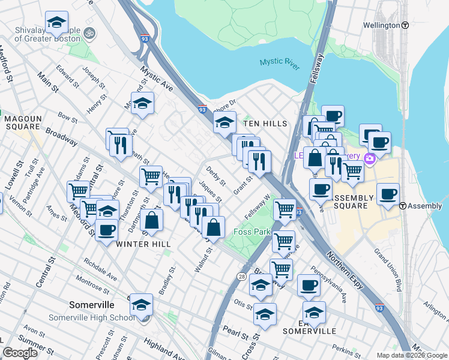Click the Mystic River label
[280, 64]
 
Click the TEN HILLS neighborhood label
[265, 123]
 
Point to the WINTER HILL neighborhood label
[143, 244]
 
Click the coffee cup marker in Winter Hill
[107, 230]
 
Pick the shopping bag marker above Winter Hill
[152, 220]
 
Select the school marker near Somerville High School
[142, 305]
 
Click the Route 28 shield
[241, 276]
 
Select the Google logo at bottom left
[20, 353]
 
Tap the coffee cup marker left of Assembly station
[388, 194]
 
